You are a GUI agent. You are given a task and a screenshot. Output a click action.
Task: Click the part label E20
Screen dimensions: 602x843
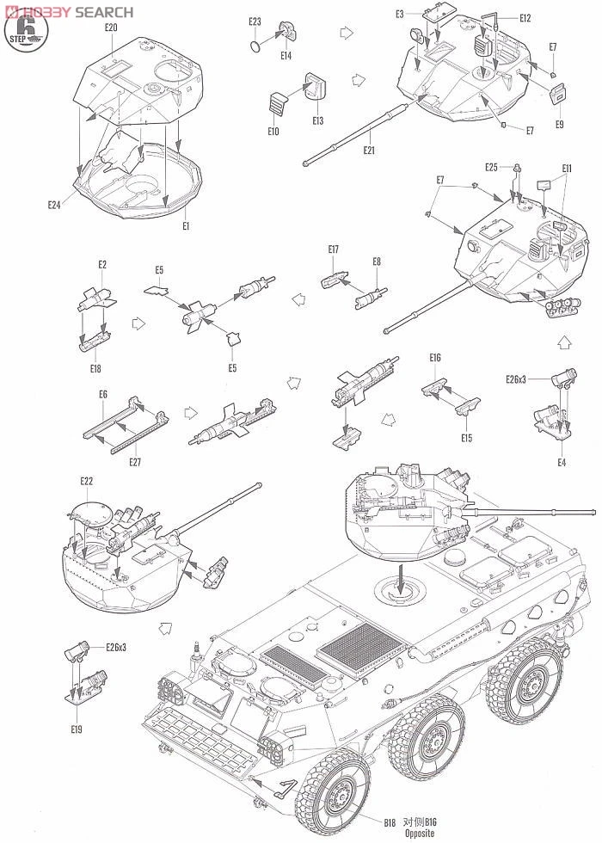tap(111, 28)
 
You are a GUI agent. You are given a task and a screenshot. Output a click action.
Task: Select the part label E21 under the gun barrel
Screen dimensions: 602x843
tap(369, 150)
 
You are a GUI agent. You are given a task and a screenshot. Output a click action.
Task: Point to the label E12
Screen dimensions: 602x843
tap(525, 18)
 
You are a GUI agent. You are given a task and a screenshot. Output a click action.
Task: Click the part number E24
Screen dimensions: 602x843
tap(56, 205)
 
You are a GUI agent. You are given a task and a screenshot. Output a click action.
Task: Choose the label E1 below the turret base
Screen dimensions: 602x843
tap(185, 225)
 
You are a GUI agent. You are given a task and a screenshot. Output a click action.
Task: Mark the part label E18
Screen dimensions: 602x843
tap(95, 368)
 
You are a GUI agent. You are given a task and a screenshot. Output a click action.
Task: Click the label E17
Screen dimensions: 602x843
tap(333, 249)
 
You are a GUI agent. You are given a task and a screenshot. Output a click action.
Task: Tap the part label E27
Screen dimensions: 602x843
tap(135, 462)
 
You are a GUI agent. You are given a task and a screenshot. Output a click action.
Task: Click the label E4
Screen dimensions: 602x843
tap(562, 464)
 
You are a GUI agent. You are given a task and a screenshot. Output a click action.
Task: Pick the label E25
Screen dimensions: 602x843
tap(491, 167)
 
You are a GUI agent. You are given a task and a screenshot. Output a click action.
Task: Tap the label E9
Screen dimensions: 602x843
tap(559, 124)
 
